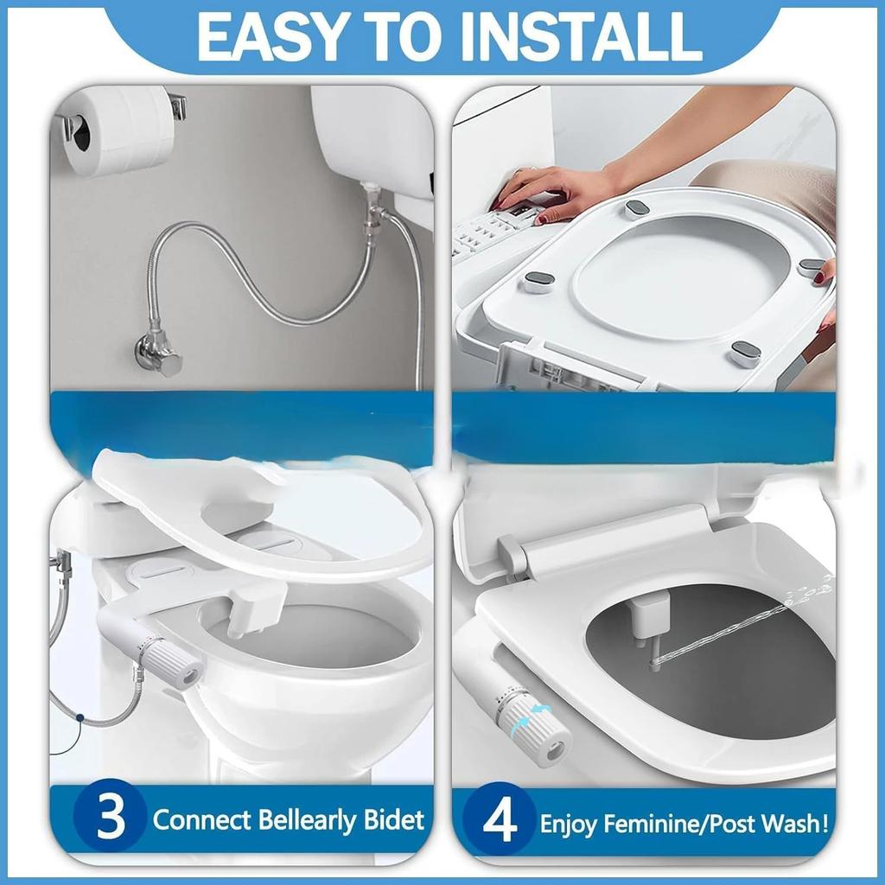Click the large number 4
pos(500,820)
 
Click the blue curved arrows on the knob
pos(532,720)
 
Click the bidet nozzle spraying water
pos(649,631)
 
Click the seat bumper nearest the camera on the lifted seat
pos(745,353)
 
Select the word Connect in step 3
pos(201,820)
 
